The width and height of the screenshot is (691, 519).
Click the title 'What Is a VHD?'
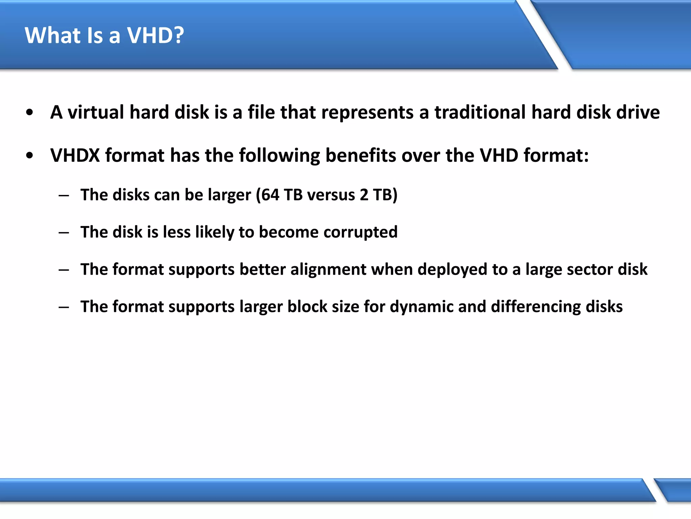[104, 35]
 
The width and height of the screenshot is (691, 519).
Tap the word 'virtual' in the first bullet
[96, 112]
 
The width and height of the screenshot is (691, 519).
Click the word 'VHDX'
[75, 155]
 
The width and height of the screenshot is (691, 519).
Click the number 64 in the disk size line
[270, 195]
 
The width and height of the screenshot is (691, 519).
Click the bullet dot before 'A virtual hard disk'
[30, 113]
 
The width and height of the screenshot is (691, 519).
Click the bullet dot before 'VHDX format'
[30, 156]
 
